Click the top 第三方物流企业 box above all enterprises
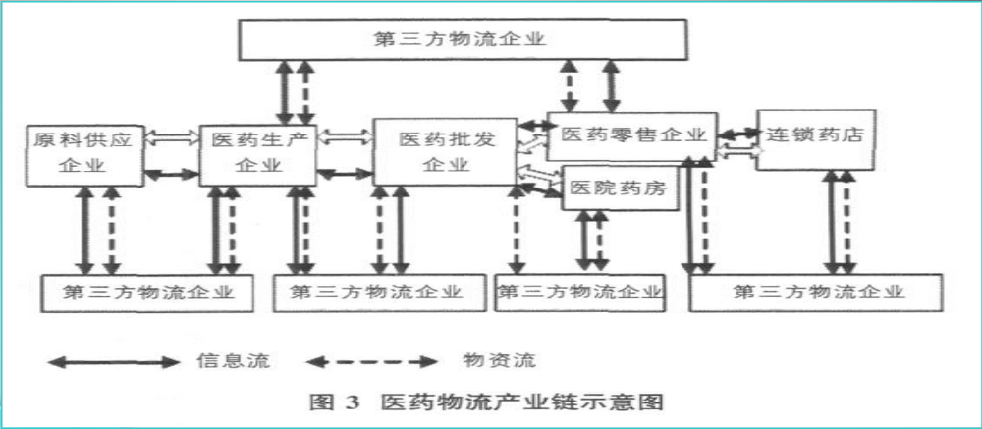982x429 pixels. [x=461, y=39]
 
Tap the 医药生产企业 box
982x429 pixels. [x=258, y=152]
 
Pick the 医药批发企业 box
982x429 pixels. [x=445, y=152]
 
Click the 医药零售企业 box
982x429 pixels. [x=628, y=134]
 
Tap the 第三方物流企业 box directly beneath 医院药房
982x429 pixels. [x=579, y=293]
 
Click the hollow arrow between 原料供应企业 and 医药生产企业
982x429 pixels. [x=171, y=138]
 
